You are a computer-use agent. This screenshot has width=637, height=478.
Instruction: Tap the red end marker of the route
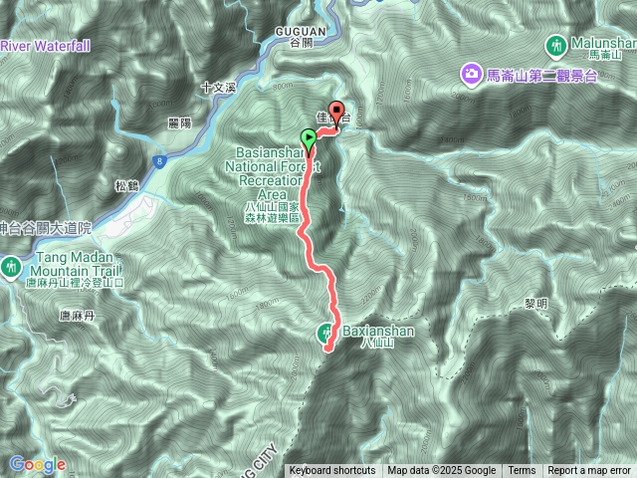click(x=335, y=114)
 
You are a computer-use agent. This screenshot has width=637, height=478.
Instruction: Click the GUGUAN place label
click(x=300, y=32)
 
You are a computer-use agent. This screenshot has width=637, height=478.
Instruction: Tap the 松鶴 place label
click(x=126, y=185)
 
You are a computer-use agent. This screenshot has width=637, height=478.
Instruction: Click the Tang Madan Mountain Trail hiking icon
click(x=11, y=266)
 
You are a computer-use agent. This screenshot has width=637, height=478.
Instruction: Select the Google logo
click(x=37, y=464)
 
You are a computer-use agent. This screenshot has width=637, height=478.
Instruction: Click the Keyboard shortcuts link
click(x=332, y=471)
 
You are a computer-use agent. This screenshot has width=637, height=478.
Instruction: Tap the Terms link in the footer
click(x=522, y=471)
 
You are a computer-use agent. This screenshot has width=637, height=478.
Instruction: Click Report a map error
click(x=589, y=471)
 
